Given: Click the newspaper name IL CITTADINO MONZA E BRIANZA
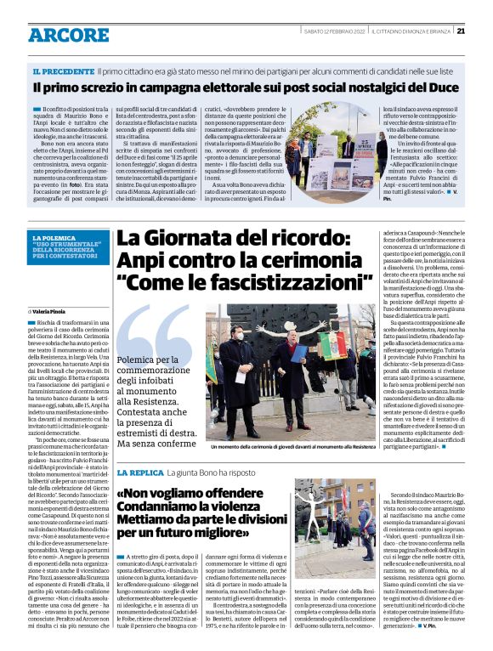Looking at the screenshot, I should [411, 31].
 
